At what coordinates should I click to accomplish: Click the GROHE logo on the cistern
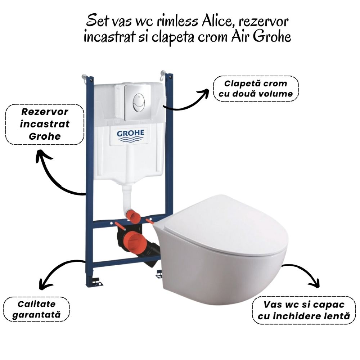(x=130, y=135)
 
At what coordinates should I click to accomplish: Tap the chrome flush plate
(x=138, y=103)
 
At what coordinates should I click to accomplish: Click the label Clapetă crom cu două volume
(x=256, y=89)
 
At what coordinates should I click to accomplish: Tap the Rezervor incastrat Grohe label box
(x=45, y=124)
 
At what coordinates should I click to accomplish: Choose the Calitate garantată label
(x=36, y=309)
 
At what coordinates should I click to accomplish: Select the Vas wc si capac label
(x=303, y=310)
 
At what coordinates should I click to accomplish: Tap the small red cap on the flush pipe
(x=134, y=216)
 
